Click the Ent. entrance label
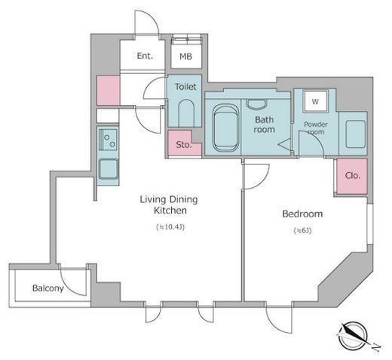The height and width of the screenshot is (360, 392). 145,56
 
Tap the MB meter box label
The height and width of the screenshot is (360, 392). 186,57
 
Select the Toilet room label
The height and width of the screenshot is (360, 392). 185,87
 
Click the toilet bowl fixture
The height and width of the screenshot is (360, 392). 186,113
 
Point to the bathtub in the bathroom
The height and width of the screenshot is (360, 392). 225,128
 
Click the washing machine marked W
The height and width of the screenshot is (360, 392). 315,101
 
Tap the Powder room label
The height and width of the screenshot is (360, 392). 316,128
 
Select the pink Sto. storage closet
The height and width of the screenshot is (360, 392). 184,143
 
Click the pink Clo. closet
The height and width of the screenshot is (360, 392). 352,176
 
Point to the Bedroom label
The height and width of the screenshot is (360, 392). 302,214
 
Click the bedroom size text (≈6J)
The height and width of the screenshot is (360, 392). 303,230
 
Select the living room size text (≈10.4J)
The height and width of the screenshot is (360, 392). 170,227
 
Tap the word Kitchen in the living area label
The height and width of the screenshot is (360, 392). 170,211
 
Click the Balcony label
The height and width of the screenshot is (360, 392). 48,288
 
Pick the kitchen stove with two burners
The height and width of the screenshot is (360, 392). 108,140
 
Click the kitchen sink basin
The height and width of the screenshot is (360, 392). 109,168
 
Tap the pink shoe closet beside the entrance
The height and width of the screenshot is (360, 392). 109,91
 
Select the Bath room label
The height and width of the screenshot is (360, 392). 264,125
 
